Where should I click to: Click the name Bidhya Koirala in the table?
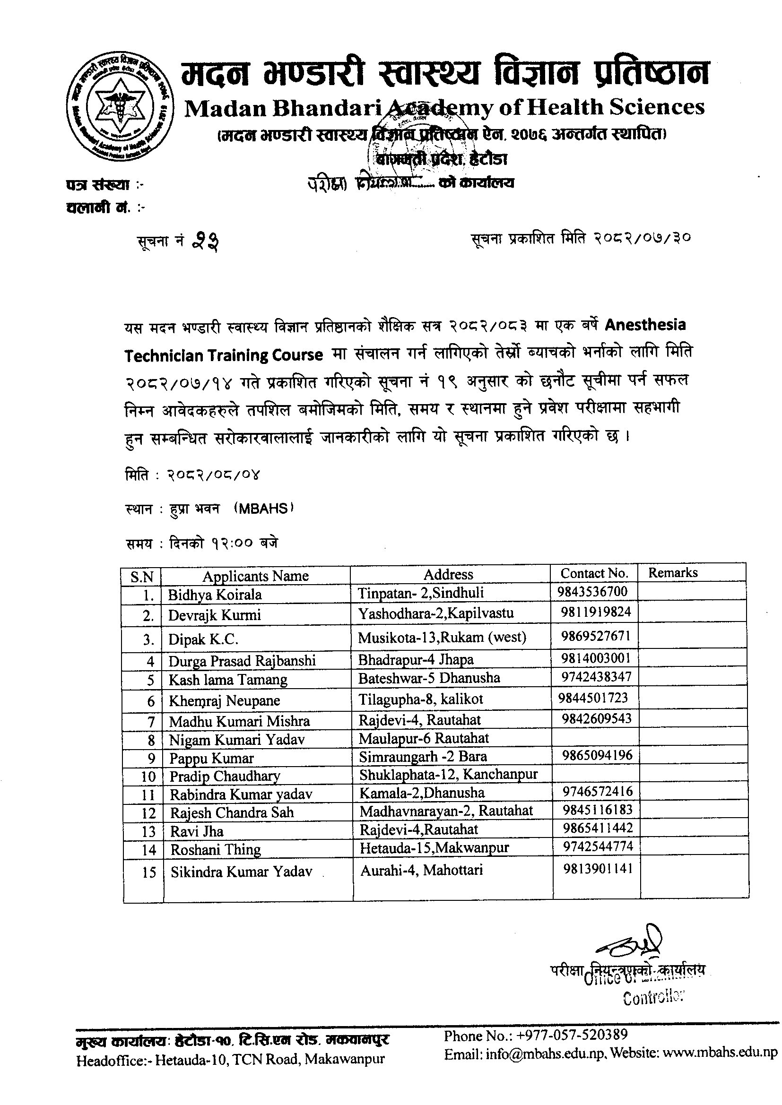pos(215,595)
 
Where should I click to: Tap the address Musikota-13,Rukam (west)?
pos(442,637)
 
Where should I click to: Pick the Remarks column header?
pos(673,572)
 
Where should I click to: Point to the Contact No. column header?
pos(594,573)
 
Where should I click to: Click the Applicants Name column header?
pos(255,576)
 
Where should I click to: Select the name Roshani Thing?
pos(215,849)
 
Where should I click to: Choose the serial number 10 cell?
pos(149,777)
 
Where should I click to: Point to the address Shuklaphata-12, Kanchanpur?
pos(448,774)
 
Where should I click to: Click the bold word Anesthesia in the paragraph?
pos(645,325)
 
